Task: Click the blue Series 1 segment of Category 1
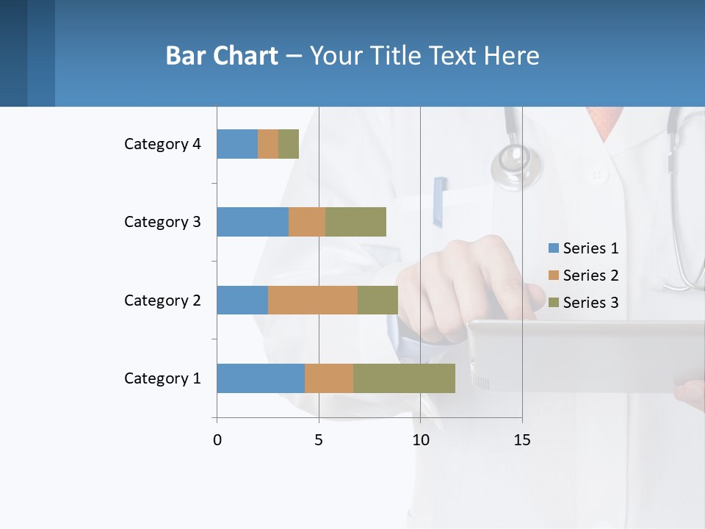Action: pos(261,378)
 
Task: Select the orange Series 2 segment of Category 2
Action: pos(313,300)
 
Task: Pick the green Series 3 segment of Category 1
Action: pos(404,378)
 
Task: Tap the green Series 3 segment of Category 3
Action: pos(355,222)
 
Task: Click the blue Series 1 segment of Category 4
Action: pos(237,144)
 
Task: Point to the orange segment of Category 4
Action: pos(268,144)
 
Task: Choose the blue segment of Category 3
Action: pos(253,222)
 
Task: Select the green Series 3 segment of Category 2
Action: pos(377,300)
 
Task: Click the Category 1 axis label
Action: pos(162,378)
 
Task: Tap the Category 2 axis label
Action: pos(162,301)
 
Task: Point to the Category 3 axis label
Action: pos(162,222)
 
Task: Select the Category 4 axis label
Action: pos(162,144)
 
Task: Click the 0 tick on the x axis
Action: pos(217,440)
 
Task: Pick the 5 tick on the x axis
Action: pos(319,440)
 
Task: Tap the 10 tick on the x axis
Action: pos(420,440)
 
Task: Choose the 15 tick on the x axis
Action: pos(522,440)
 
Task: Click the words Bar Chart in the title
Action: pos(222,56)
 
